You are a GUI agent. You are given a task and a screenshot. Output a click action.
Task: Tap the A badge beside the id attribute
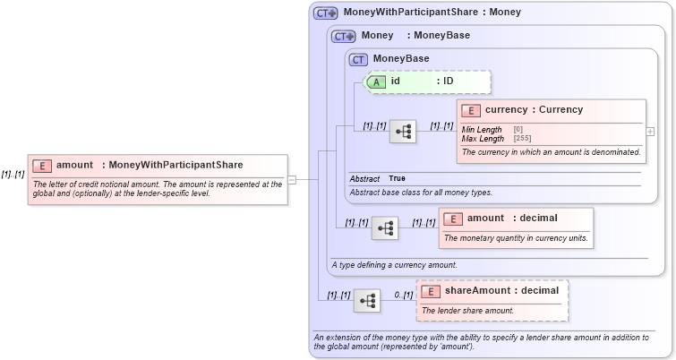click(x=377, y=81)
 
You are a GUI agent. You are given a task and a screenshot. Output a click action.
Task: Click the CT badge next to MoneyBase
click(x=359, y=59)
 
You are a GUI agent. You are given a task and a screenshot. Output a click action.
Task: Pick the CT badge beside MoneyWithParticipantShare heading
click(x=325, y=13)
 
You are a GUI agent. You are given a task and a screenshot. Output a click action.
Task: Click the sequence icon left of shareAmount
click(x=367, y=302)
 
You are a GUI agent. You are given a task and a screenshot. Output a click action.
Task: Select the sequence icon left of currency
click(x=403, y=132)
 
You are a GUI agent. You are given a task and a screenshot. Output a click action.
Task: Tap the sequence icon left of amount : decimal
click(x=385, y=228)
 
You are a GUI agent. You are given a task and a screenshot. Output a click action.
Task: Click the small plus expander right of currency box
click(x=650, y=132)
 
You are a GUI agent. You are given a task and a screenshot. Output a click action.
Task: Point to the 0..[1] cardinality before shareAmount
click(x=403, y=295)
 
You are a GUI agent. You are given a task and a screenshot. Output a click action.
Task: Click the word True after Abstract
click(x=397, y=178)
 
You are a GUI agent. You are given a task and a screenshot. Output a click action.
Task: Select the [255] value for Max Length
click(x=522, y=139)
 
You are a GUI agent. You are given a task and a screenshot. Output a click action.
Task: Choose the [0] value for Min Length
click(x=518, y=130)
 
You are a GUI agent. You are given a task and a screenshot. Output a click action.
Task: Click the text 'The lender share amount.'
click(x=468, y=311)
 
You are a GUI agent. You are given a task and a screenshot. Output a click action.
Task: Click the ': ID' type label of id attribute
click(x=445, y=81)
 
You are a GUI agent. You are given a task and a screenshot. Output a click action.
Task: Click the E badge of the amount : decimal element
click(x=454, y=219)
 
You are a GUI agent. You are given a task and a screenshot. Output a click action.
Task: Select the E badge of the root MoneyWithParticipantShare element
click(x=42, y=166)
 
